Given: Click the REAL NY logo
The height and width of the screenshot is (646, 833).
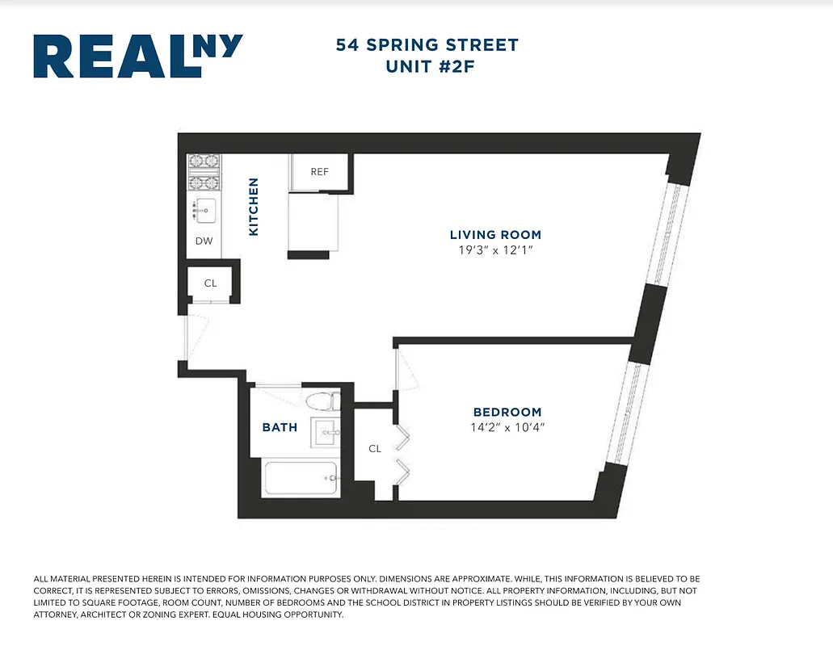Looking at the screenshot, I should [x=137, y=57].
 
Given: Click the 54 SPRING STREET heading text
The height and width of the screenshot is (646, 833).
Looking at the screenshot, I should [x=427, y=45].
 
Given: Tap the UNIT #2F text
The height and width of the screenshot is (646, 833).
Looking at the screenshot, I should [x=428, y=67].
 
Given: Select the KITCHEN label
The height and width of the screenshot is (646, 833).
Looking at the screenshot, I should [x=254, y=207].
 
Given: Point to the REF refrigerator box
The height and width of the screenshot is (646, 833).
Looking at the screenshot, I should [x=320, y=172].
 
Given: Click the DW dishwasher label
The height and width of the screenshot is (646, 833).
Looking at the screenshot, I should [x=204, y=241].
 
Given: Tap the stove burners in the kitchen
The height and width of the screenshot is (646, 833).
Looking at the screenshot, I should [x=200, y=171].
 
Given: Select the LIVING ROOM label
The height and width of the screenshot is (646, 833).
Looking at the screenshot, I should [x=495, y=235].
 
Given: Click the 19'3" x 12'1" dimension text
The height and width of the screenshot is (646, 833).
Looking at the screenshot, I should [x=495, y=250].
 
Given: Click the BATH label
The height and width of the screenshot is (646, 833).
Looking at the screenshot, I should [x=280, y=427].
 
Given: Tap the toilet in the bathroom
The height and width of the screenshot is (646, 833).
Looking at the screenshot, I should [x=323, y=401].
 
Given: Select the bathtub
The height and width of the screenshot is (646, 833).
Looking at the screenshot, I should [x=301, y=478].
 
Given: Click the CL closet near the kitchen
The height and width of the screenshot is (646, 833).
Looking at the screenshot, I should [x=210, y=283].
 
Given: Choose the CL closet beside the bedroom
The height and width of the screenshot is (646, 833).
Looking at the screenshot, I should [x=374, y=448].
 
